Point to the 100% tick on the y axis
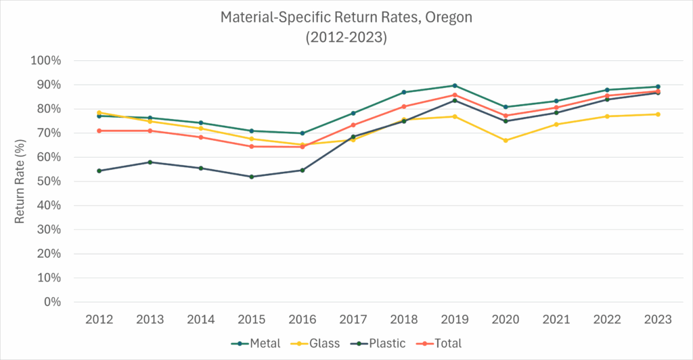(x=47, y=61)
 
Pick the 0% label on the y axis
(x=52, y=302)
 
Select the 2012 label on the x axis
(x=99, y=319)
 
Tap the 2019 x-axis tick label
(x=455, y=319)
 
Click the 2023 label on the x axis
(x=658, y=319)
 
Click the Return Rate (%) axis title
(x=20, y=181)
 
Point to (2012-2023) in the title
(x=346, y=37)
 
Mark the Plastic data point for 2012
(x=99, y=171)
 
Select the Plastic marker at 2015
(x=252, y=177)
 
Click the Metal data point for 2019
(x=455, y=85)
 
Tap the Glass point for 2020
(x=506, y=140)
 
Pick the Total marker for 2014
(x=201, y=137)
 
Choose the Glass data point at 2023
(x=658, y=114)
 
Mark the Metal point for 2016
(x=303, y=133)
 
